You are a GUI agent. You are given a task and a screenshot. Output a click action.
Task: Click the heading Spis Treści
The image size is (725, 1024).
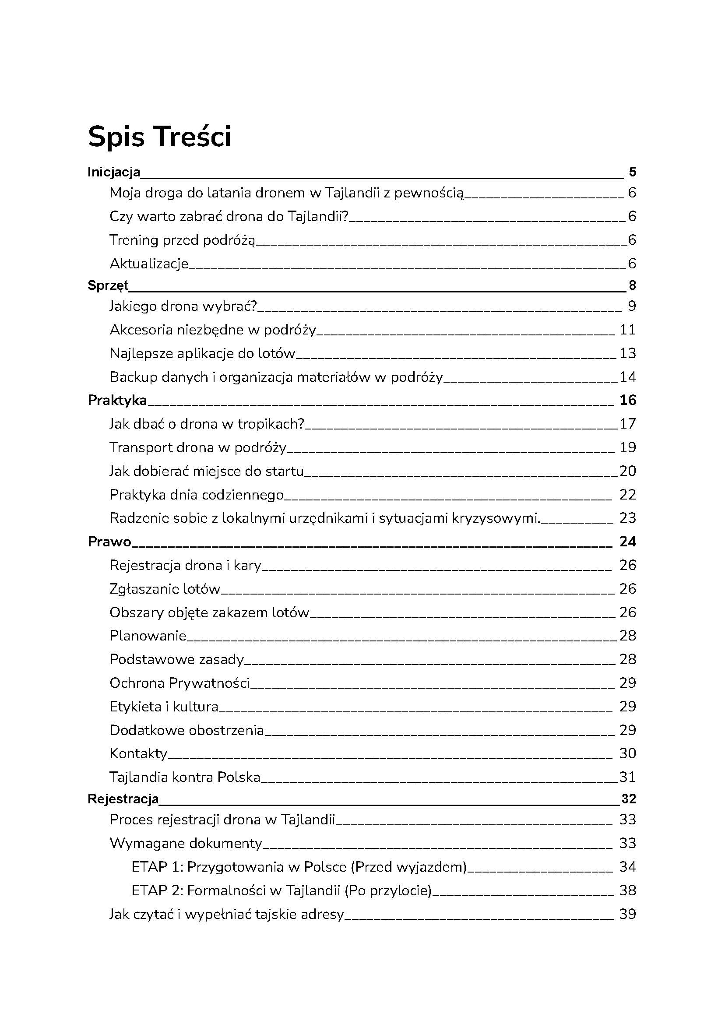click(159, 137)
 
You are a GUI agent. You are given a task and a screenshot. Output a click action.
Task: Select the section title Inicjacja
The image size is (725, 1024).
click(114, 172)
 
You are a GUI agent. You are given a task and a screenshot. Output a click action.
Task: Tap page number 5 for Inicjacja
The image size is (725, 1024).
click(632, 172)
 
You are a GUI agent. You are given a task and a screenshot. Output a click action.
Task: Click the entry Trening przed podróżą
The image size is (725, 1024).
click(182, 240)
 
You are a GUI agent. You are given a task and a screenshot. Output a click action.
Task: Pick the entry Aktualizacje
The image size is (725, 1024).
click(149, 264)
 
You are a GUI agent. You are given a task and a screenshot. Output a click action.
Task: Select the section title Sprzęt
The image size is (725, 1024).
click(108, 285)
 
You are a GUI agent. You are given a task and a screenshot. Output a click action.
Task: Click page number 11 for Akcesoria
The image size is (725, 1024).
click(627, 330)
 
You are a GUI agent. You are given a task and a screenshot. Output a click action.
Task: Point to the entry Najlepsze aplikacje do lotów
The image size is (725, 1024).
click(202, 354)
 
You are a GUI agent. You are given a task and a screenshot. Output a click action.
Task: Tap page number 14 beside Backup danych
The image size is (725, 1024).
click(627, 377)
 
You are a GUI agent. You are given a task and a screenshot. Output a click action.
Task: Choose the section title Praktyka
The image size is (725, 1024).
click(117, 401)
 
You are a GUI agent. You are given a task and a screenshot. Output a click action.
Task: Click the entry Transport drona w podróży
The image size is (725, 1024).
click(198, 447)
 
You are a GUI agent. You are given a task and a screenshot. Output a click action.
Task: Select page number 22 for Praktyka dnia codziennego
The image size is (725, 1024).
click(627, 495)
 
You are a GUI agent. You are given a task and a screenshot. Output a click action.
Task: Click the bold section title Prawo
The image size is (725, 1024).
click(109, 542)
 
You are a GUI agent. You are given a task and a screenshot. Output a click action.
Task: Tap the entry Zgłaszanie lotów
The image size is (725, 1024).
click(165, 589)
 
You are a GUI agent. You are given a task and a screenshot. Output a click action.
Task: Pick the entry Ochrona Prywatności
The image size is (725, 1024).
click(179, 683)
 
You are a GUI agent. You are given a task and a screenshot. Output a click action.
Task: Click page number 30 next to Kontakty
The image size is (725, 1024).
click(627, 753)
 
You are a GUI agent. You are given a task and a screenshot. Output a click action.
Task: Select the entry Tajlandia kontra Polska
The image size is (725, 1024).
click(185, 777)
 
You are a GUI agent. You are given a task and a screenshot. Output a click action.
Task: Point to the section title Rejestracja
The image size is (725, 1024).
click(123, 799)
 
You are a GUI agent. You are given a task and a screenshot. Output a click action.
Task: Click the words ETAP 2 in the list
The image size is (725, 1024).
click(156, 890)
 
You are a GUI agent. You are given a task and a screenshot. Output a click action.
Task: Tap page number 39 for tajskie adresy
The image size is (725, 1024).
click(627, 914)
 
